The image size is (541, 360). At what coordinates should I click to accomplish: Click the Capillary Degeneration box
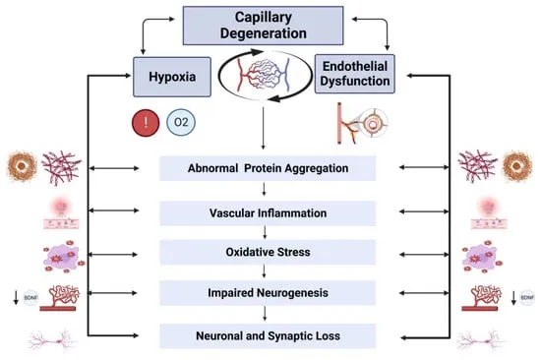pyautogui.click(x=263, y=26)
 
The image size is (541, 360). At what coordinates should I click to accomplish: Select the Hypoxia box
pyautogui.click(x=172, y=77)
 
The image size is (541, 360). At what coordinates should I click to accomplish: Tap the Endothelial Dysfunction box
pyautogui.click(x=355, y=74)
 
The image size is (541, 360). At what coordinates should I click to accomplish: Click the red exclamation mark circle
pyautogui.click(x=146, y=123)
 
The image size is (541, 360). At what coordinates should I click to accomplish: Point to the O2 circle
pyautogui.click(x=181, y=122)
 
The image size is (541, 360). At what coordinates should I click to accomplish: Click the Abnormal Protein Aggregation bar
pyautogui.click(x=268, y=168)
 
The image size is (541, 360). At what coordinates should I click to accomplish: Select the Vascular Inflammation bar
pyautogui.click(x=268, y=213)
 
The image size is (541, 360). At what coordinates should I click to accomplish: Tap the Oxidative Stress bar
pyautogui.click(x=268, y=252)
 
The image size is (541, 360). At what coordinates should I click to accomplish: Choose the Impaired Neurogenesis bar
pyautogui.click(x=268, y=293)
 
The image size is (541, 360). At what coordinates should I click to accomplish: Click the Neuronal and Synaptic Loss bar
pyautogui.click(x=268, y=335)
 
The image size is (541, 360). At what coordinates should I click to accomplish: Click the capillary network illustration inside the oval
pyautogui.click(x=264, y=75)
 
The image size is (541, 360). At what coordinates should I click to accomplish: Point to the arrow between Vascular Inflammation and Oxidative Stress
pyautogui.click(x=265, y=232)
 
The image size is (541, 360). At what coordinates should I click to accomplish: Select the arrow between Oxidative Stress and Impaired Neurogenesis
pyautogui.click(x=265, y=271)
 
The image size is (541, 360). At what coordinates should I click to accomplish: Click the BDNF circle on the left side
pyautogui.click(x=30, y=297)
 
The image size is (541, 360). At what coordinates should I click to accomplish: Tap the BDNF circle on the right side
pyautogui.click(x=527, y=297)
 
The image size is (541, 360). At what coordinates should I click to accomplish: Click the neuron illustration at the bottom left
pyautogui.click(x=52, y=340)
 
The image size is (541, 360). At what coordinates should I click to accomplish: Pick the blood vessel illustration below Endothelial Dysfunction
pyautogui.click(x=362, y=123)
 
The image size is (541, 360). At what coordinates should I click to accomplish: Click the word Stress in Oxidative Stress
pyautogui.click(x=294, y=252)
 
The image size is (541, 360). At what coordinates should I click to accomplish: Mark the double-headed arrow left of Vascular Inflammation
pyautogui.click(x=114, y=210)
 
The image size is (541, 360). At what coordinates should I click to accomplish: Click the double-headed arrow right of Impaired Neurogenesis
pyautogui.click(x=424, y=293)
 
